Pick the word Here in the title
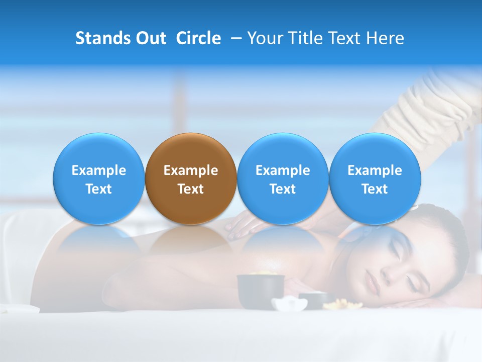point(385,38)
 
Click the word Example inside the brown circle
point(191,170)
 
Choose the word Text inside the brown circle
point(191,189)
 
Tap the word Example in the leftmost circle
point(99,170)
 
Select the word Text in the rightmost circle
point(375,189)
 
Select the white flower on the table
point(289,303)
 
